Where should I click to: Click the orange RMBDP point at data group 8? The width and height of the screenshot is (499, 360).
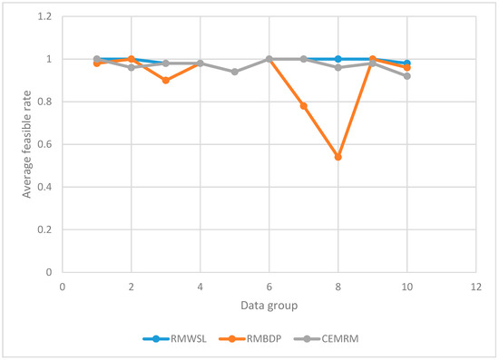point(338,157)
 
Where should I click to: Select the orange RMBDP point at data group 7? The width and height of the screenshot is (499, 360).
point(304,106)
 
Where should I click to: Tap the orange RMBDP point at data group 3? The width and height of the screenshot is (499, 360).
point(166,81)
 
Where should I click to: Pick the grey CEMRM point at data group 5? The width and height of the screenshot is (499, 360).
point(235,72)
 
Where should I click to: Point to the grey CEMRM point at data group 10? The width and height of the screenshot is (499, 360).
point(407,76)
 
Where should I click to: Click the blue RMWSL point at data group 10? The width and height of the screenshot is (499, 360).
point(407,63)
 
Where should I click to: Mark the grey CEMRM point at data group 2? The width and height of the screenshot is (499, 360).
point(132,68)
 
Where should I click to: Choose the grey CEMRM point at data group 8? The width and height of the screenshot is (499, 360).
point(338,68)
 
